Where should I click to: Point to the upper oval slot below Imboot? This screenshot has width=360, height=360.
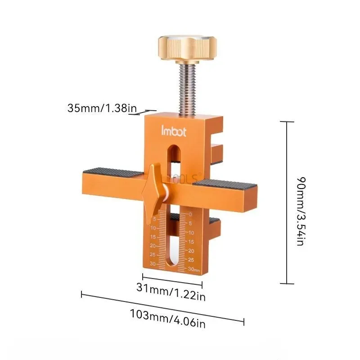(x=173, y=153)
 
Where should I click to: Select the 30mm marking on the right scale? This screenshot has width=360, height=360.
(x=193, y=269)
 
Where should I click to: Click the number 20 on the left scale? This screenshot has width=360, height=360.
(x=153, y=246)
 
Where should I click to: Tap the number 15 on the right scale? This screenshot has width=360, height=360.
(x=191, y=242)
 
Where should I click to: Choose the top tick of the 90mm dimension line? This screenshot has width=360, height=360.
(x=287, y=122)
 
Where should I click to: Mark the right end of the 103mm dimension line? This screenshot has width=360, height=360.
(x=243, y=322)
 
